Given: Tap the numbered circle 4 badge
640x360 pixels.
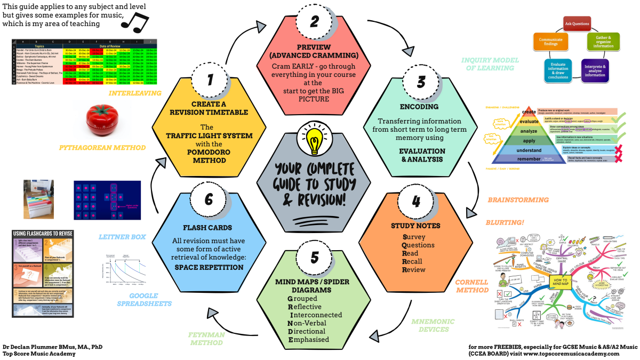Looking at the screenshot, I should point(416,202).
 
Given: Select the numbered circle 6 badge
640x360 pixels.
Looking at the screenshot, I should point(209,198).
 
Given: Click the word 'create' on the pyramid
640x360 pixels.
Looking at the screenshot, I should point(529,111).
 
